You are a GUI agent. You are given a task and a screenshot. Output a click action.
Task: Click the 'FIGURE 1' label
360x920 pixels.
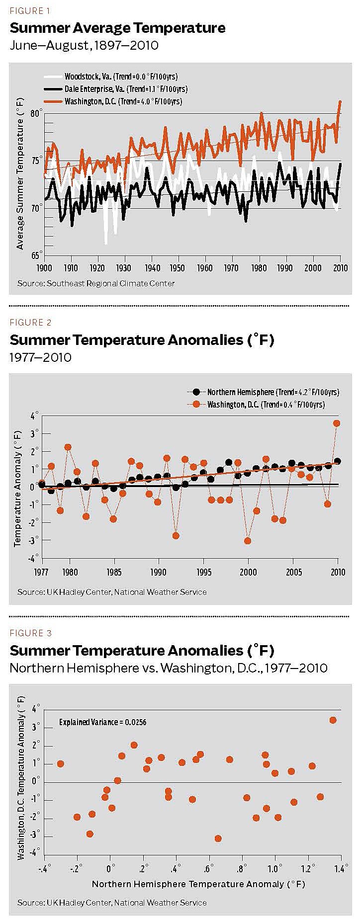30,11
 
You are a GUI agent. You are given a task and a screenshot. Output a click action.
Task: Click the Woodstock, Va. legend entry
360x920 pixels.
121,77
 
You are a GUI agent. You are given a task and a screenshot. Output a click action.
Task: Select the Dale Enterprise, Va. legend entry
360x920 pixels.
125,89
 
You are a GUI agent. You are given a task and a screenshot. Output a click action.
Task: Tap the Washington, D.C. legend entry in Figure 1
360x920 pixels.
123,101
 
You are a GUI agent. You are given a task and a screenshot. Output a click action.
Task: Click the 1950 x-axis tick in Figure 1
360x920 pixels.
177,268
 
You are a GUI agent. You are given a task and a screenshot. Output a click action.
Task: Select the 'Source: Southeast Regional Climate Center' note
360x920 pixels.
96,283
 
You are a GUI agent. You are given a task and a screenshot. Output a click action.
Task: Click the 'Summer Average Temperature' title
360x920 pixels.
117,28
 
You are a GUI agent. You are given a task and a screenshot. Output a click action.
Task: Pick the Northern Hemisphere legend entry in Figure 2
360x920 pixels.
272,392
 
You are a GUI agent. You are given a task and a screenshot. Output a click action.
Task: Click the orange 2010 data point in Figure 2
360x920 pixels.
337,423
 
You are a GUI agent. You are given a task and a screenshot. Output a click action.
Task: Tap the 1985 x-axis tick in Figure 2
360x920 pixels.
114,572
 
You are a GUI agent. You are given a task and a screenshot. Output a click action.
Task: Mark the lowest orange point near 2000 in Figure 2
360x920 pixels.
248,541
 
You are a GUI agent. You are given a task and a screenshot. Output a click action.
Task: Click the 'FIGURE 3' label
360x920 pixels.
30,633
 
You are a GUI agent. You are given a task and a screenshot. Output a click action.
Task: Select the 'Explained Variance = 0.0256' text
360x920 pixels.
102,722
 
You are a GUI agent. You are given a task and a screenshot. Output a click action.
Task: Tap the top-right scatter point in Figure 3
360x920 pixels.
333,720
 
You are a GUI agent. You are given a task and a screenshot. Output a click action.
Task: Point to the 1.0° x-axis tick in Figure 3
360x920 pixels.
274,870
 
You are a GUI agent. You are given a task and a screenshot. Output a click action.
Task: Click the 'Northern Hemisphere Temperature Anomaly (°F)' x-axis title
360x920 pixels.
198,884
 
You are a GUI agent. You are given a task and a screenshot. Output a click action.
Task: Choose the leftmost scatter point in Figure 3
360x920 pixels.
61,763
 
